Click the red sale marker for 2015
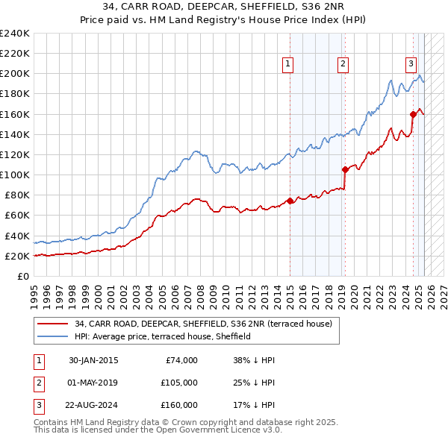pos(290,201)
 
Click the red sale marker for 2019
pos(345,169)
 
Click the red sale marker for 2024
pos(413,114)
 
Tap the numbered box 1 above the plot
pos(288,64)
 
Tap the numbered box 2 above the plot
pos(343,64)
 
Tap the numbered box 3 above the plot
pos(411,64)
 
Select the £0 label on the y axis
pos(24,276)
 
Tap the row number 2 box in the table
pos(38,383)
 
